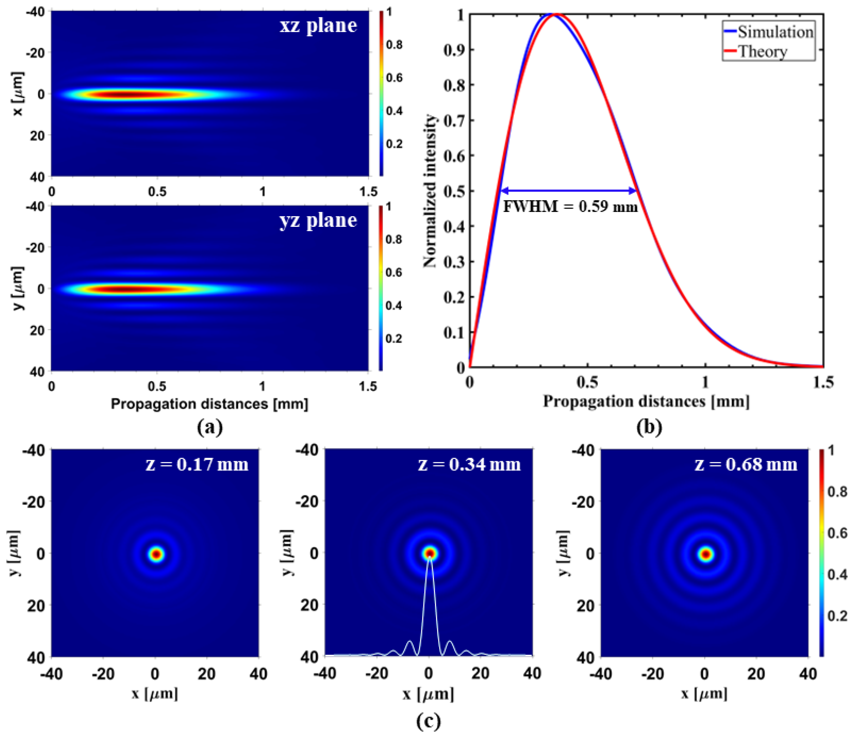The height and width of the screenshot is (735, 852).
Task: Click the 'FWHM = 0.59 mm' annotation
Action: tap(570, 206)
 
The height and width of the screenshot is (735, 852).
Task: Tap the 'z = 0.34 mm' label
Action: tap(470, 464)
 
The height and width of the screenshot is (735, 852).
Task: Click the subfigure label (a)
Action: tap(210, 427)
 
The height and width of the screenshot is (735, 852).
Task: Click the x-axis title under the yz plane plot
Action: tap(209, 404)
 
